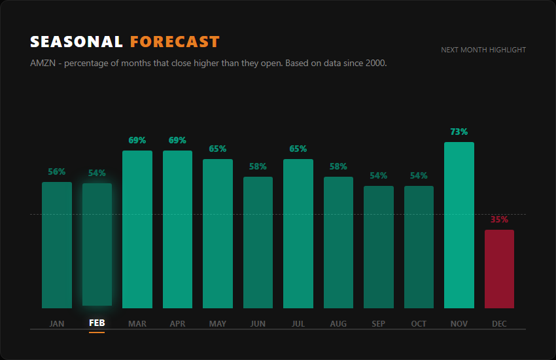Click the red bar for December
point(499,269)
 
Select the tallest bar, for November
point(459,225)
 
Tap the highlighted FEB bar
point(97,244)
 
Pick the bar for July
point(298,234)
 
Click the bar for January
point(57,245)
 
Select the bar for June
point(258,242)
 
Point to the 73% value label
point(459,132)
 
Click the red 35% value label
point(499,219)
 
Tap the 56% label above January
point(57,171)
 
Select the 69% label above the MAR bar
point(137,140)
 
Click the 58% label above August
point(338,166)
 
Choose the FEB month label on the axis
point(97,323)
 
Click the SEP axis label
point(378,323)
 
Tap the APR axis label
point(177,323)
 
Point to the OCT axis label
point(419,323)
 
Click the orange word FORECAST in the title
point(175,42)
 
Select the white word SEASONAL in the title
point(77,42)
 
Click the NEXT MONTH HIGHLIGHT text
point(483,50)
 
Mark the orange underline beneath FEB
point(97,332)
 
